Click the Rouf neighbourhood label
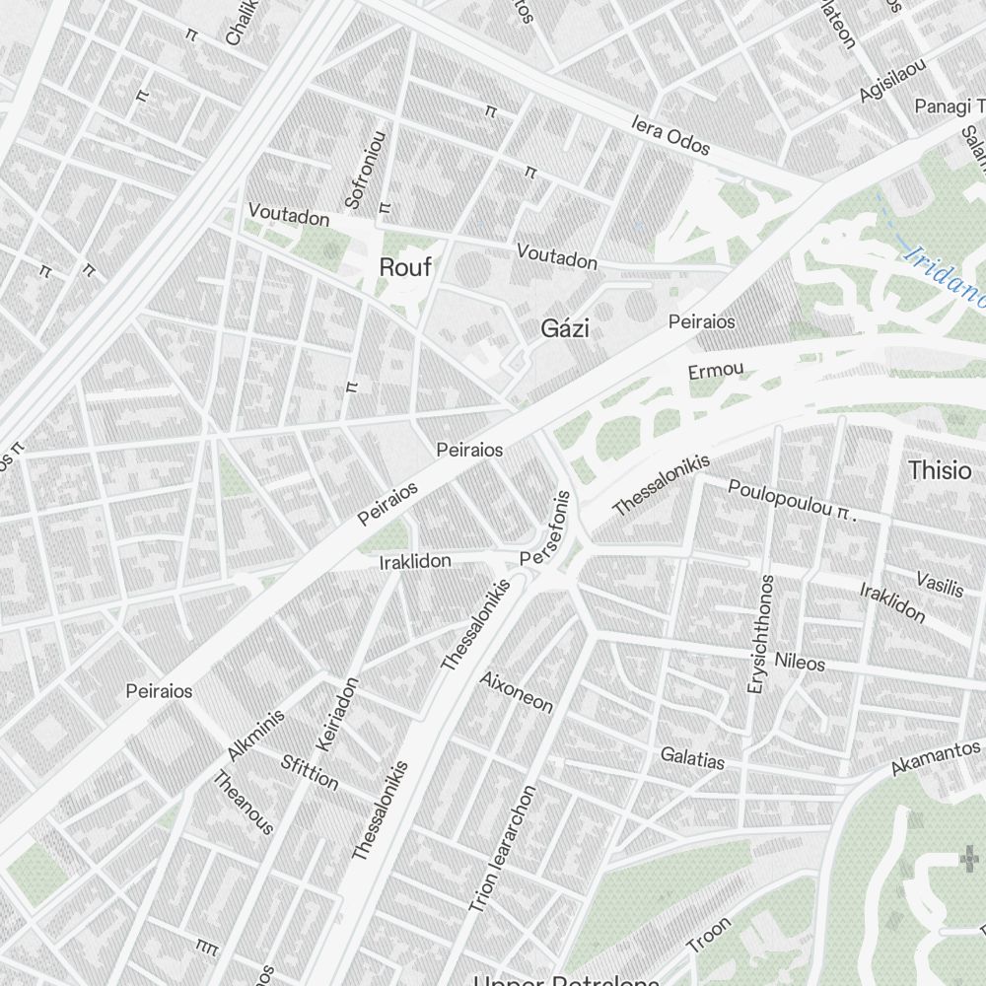click(405, 267)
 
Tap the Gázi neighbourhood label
click(565, 329)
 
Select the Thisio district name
click(939, 470)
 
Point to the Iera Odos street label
click(670, 137)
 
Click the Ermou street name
click(715, 372)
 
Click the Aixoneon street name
click(516, 692)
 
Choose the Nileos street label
click(800, 662)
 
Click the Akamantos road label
click(936, 757)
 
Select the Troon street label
click(709, 936)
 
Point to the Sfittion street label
click(310, 773)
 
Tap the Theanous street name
click(244, 803)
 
